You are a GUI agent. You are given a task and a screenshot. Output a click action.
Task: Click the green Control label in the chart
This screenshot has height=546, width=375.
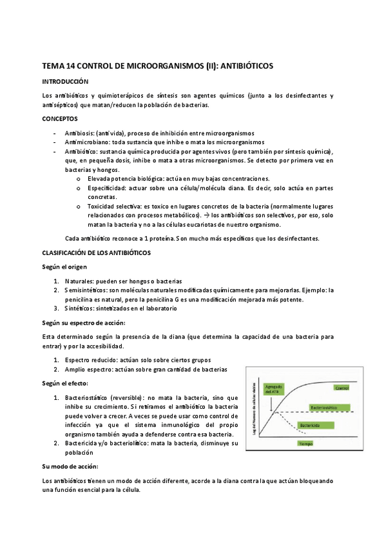(x=341, y=388)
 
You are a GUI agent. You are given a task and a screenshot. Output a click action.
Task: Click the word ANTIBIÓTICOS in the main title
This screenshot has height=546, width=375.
(x=247, y=66)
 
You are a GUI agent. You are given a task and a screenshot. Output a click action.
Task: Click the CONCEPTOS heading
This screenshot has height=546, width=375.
(x=60, y=119)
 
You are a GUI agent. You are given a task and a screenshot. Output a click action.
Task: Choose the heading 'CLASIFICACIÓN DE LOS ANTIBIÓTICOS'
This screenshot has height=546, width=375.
(x=95, y=253)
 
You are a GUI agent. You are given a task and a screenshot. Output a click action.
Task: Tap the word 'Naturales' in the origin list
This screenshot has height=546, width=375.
(x=79, y=281)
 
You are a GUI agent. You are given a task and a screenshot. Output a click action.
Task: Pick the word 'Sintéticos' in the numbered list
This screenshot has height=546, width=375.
(x=81, y=308)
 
